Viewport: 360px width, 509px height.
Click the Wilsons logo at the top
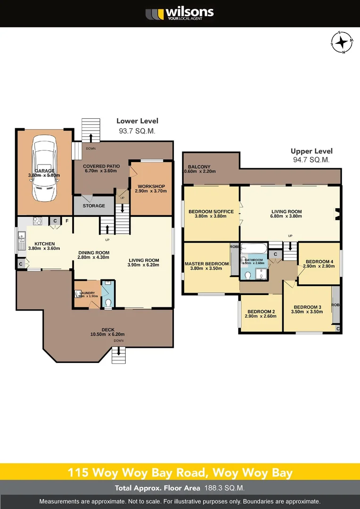click(180, 13)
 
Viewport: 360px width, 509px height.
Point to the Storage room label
click(94, 206)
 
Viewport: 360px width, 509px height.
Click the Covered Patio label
click(101, 166)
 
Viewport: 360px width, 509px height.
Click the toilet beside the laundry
click(107, 303)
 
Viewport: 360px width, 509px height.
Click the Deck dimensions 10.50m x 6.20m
click(108, 334)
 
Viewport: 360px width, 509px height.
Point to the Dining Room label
click(94, 253)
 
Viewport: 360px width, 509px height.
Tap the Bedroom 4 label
click(319, 262)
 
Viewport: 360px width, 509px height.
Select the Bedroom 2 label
click(261, 312)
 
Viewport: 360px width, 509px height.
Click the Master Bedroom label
click(206, 264)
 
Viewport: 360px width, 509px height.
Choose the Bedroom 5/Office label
click(211, 212)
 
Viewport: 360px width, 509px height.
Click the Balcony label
click(199, 167)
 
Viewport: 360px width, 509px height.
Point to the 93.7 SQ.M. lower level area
click(137, 131)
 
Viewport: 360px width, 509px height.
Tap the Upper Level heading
click(311, 151)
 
